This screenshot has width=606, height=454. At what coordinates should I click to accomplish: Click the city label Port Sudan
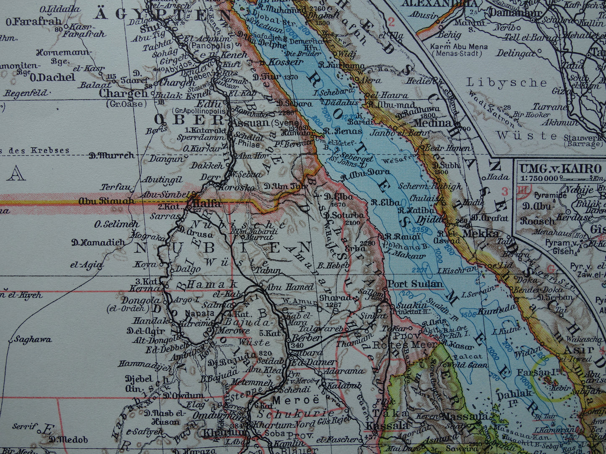[414, 284]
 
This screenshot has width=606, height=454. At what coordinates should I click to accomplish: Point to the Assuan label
[250, 123]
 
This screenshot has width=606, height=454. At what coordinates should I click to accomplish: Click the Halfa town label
[207, 204]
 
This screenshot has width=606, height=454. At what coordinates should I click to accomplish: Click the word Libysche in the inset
[507, 83]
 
